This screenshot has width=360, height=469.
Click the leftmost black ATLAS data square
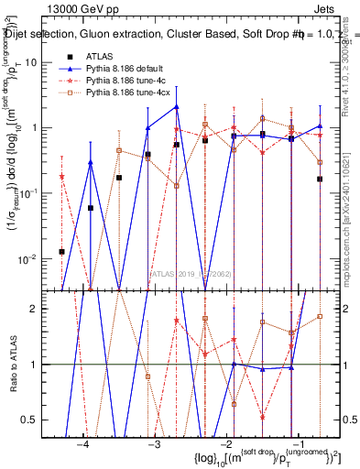tap(62, 251)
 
